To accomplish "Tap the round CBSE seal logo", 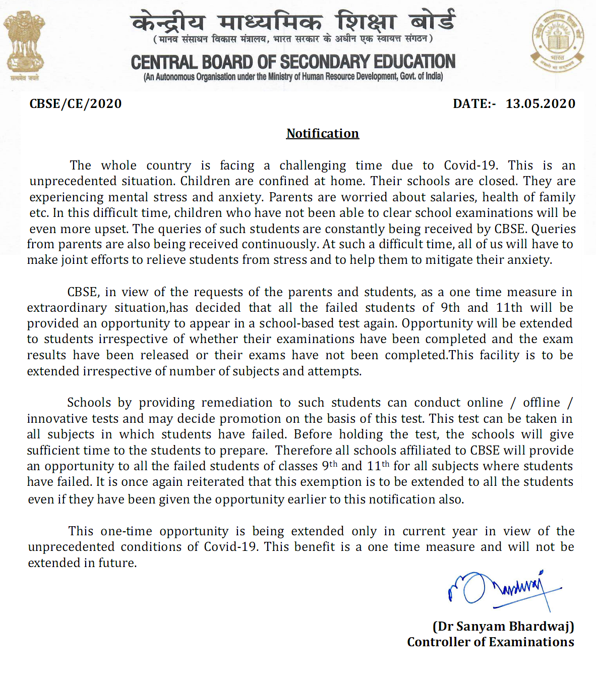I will point(557,42).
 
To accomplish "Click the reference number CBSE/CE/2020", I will point(76,104).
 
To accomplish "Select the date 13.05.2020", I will point(541,104).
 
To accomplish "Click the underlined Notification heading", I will point(323,134).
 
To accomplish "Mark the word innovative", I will point(57,419).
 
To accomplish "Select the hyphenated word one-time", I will point(126,531).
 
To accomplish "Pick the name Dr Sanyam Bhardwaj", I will point(503,627).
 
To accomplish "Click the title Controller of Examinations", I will point(490,642).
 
